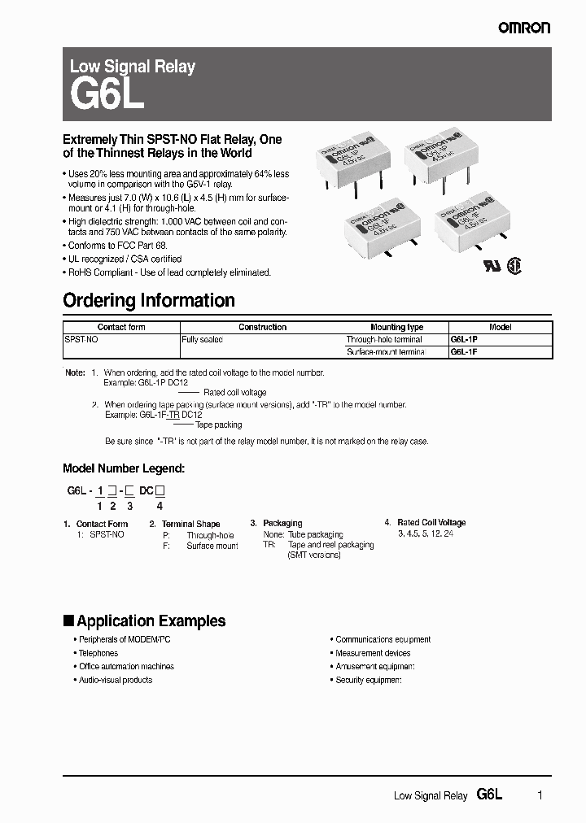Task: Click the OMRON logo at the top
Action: [x=524, y=28]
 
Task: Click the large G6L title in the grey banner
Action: [x=107, y=96]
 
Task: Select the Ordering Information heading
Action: [x=149, y=300]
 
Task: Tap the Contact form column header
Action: [x=121, y=327]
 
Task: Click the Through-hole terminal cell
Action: [x=384, y=339]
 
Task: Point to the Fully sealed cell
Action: [x=202, y=339]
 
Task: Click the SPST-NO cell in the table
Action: [x=81, y=339]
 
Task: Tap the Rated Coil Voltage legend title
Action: [x=431, y=523]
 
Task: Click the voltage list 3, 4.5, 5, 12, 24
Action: [x=426, y=534]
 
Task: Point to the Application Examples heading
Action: [x=151, y=621]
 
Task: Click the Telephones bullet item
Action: [x=98, y=653]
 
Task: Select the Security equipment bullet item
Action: [x=368, y=680]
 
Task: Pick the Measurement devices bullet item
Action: [x=373, y=653]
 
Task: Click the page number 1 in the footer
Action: [x=540, y=795]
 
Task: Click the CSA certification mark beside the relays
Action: [x=514, y=266]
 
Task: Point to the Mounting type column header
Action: [x=396, y=327]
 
